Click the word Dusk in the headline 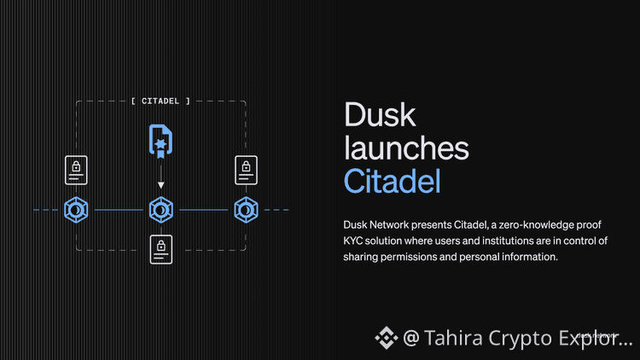pyautogui.click(x=376, y=115)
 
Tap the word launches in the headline pyautogui.click(x=405, y=148)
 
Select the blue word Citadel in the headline pyautogui.click(x=393, y=181)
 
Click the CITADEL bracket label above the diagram pyautogui.click(x=161, y=101)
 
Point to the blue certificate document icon pyautogui.click(x=160, y=141)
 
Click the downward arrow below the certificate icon pyautogui.click(x=160, y=183)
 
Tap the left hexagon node pyautogui.click(x=76, y=209)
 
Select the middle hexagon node pyautogui.click(x=160, y=209)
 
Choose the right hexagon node pyautogui.click(x=245, y=209)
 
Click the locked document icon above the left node pyautogui.click(x=76, y=171)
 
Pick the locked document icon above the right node pyautogui.click(x=246, y=171)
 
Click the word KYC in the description pyautogui.click(x=355, y=241)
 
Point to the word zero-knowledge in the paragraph pyautogui.click(x=543, y=224)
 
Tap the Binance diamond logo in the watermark pyautogui.click(x=386, y=338)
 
